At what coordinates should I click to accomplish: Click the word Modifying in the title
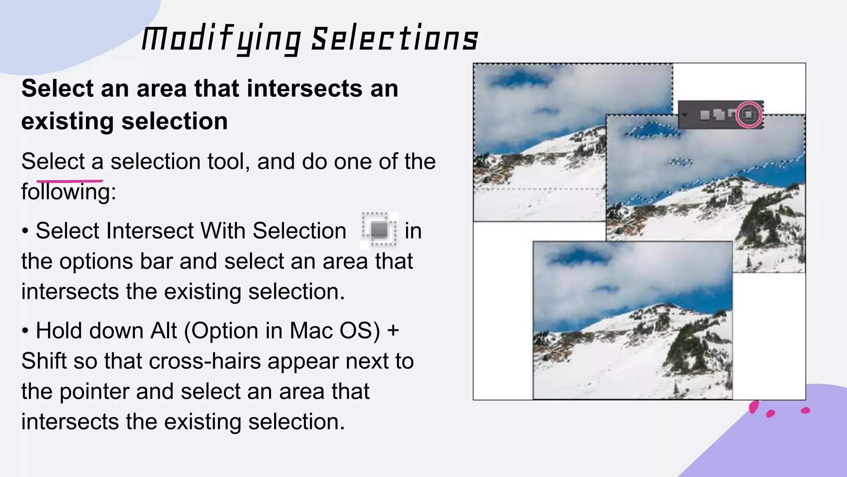pyautogui.click(x=221, y=40)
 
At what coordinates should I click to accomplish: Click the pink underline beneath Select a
pyautogui.click(x=69, y=181)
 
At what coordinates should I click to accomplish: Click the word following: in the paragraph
pyautogui.click(x=69, y=192)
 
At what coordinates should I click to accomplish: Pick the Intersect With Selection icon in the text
pyautogui.click(x=379, y=230)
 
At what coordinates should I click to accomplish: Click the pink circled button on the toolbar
pyautogui.click(x=749, y=114)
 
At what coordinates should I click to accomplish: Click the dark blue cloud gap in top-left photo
pyautogui.click(x=517, y=79)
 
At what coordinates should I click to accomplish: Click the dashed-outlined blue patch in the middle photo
pyautogui.click(x=651, y=130)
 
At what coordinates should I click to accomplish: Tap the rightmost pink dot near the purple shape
pyautogui.click(x=805, y=410)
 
